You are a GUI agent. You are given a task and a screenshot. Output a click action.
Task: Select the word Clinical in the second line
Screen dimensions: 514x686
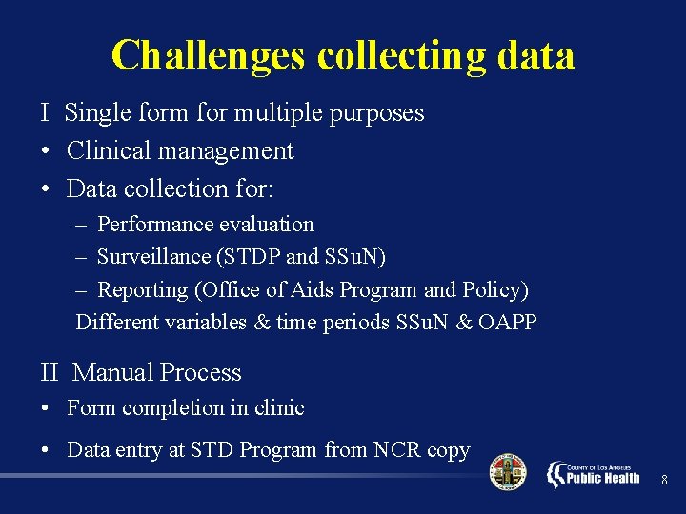[x=105, y=150]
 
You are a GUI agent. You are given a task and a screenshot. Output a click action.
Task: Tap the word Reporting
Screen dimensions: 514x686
[x=140, y=289]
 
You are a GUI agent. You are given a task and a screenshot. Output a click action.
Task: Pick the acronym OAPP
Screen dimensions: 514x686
[x=508, y=322]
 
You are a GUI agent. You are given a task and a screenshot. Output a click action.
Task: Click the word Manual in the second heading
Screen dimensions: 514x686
[x=112, y=372]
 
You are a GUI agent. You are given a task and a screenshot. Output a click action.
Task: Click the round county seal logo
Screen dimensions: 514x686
[x=507, y=472]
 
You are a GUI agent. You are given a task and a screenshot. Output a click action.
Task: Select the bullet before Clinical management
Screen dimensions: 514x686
[x=46, y=151]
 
